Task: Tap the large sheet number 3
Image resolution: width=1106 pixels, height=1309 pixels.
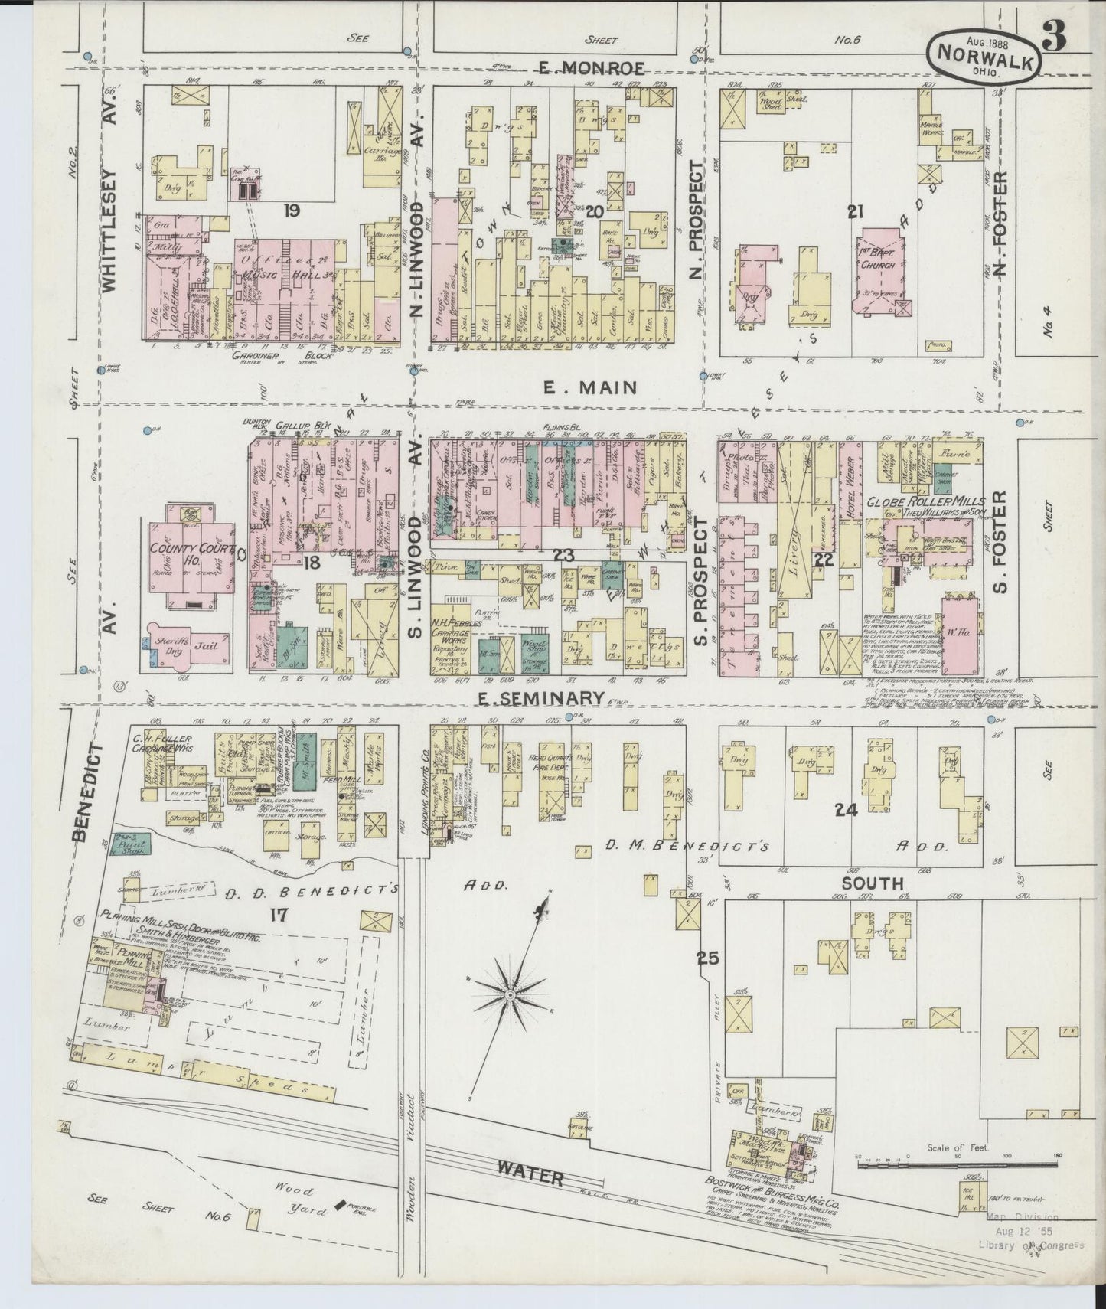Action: (1061, 38)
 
